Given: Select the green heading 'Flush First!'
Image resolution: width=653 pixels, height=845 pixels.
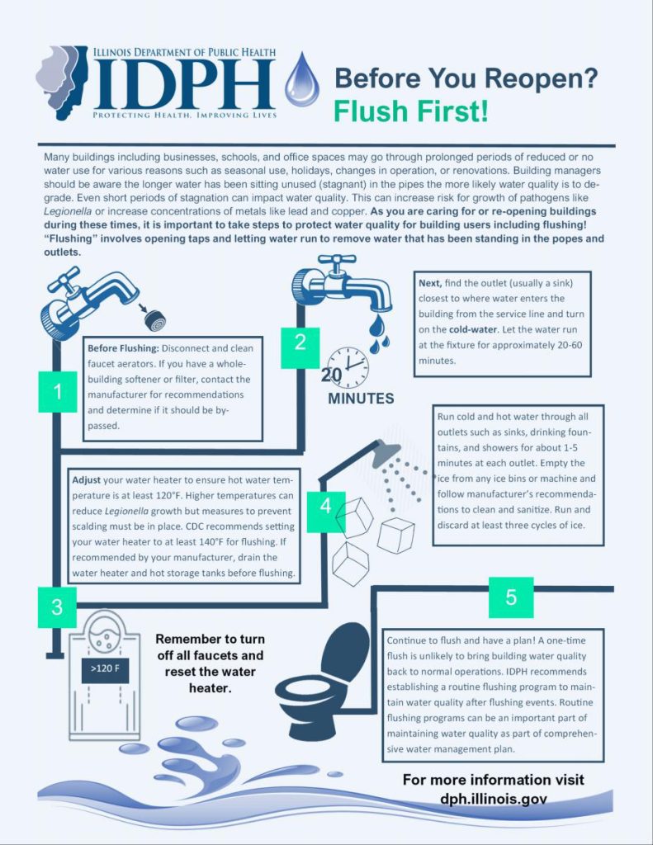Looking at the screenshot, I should tap(410, 110).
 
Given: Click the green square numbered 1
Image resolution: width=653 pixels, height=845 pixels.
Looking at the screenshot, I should tap(57, 392).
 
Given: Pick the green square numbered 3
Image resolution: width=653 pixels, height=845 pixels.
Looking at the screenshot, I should tap(57, 608).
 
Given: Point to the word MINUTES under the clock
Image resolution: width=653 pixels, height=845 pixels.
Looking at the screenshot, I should tap(361, 399).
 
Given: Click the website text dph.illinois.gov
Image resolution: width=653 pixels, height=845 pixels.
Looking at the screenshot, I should tap(493, 799).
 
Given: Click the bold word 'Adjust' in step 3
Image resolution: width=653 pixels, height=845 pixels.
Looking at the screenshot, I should tap(87, 479).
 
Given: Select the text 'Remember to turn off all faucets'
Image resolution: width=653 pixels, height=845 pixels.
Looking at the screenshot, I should tap(210, 648).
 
